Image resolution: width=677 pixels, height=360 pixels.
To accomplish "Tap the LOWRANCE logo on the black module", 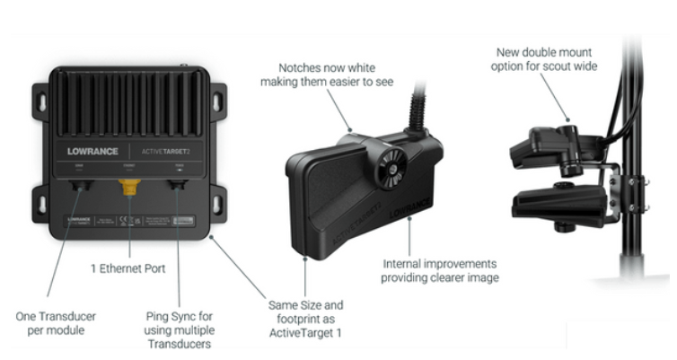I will pos(93,150).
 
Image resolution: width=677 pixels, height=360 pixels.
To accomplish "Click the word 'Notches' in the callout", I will pos(296,68).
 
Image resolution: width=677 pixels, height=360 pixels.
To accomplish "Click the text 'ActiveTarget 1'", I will pos(305,334).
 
